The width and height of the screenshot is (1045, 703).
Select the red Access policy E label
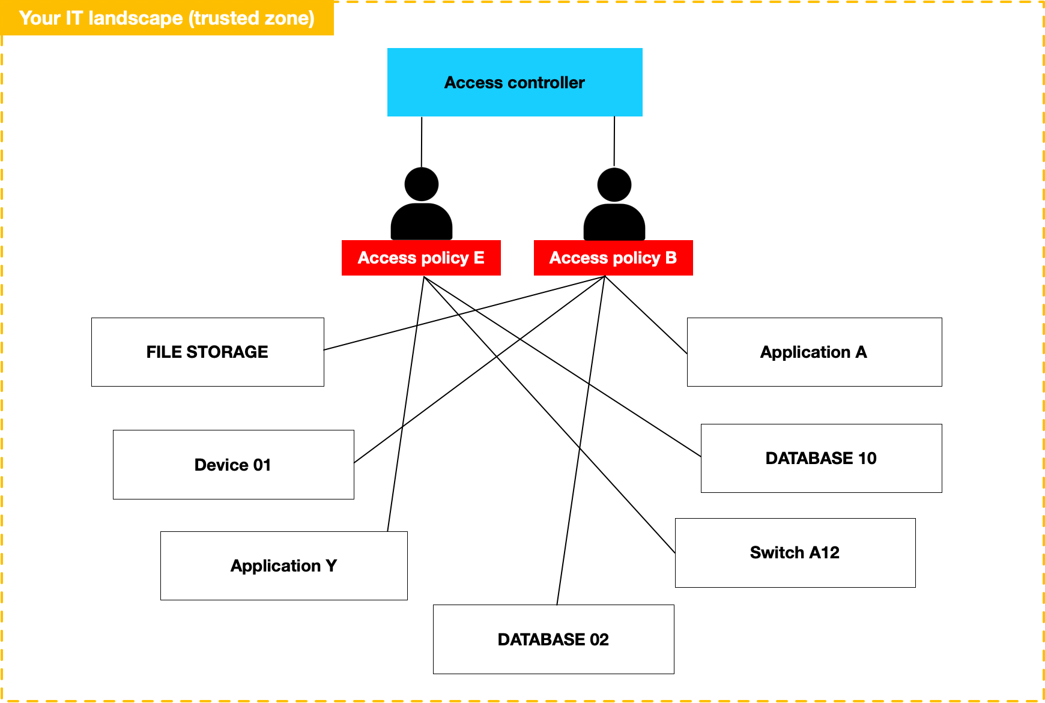coord(421,258)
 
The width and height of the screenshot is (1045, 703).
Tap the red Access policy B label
coord(613,258)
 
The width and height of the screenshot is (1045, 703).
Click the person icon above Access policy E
coord(422,207)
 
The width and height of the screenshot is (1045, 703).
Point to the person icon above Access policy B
coord(614,207)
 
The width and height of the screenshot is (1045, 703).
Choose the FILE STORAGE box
coord(207,352)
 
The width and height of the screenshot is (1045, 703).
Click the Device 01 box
coord(233,465)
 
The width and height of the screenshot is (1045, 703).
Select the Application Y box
coord(283,566)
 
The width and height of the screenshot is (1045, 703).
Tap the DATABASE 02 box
coord(553,639)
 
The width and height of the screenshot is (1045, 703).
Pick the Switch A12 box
coord(795,553)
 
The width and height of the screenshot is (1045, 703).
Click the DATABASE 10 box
coord(821,459)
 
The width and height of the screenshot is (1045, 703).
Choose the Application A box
coord(814,352)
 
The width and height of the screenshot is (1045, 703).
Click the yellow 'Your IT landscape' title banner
coord(167,18)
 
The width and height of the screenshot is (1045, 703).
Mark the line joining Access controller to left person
coord(422,142)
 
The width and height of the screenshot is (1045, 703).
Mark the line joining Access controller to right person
coord(614,141)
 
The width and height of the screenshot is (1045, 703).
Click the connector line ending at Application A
coord(646,315)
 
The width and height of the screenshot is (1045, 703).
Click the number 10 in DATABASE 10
coord(867,459)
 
